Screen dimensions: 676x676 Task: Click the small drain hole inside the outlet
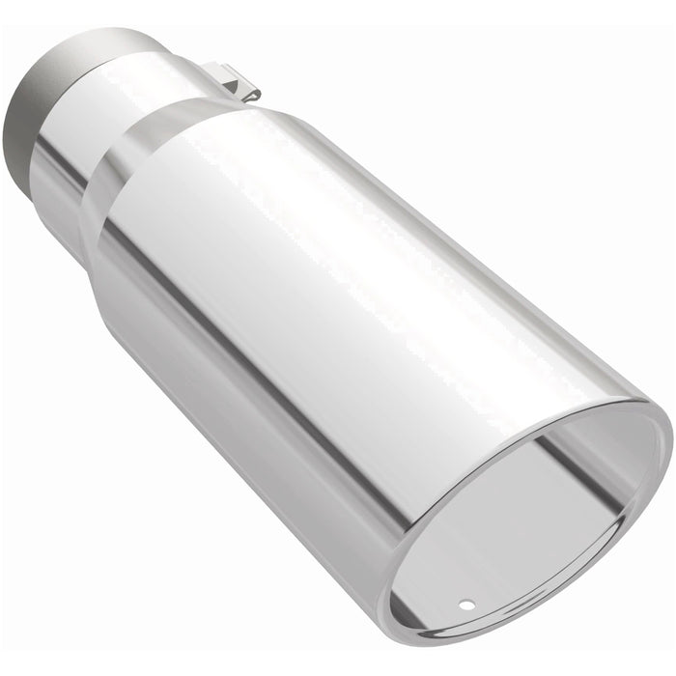coord(467,606)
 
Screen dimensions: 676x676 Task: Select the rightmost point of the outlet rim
coord(670,439)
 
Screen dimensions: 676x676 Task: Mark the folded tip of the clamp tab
coord(253,92)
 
